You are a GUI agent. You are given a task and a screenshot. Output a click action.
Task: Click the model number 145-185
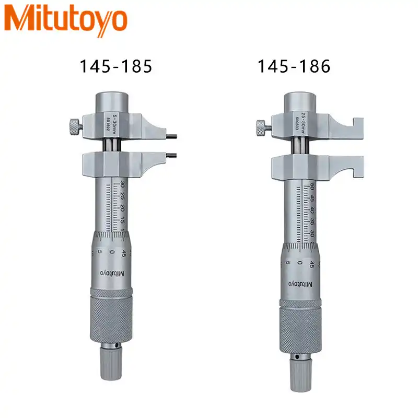click(115, 66)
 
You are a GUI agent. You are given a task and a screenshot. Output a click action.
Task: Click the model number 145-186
click(293, 66)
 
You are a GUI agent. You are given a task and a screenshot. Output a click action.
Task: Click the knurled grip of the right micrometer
click(300, 326)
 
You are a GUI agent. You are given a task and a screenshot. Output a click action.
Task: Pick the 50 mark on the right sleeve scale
click(311, 187)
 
